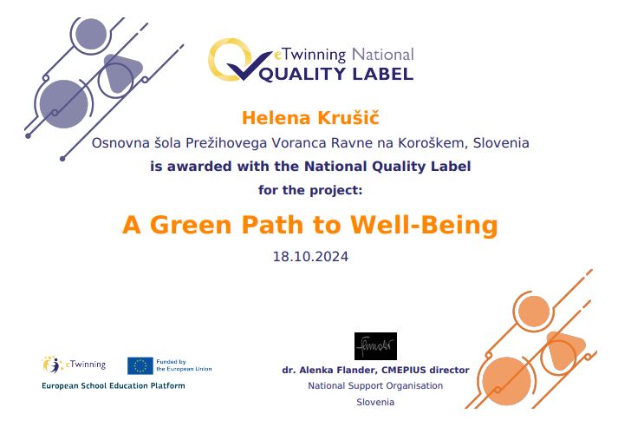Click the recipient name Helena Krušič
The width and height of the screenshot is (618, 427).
310,118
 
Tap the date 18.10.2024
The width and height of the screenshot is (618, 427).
310,257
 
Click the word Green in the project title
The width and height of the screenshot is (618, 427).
191,225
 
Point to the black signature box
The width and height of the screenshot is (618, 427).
375,346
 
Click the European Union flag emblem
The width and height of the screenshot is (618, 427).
140,366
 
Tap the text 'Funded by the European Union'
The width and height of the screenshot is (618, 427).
184,365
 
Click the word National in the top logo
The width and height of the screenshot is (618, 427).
382,55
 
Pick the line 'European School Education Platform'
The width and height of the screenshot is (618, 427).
114,386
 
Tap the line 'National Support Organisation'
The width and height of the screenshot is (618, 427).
375,385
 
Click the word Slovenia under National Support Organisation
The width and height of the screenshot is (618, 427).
375,402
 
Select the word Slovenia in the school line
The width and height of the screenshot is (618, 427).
501,143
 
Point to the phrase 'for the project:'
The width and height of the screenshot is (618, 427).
310,190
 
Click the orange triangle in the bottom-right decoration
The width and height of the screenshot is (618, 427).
563,350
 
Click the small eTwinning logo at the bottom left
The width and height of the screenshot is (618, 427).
74,365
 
